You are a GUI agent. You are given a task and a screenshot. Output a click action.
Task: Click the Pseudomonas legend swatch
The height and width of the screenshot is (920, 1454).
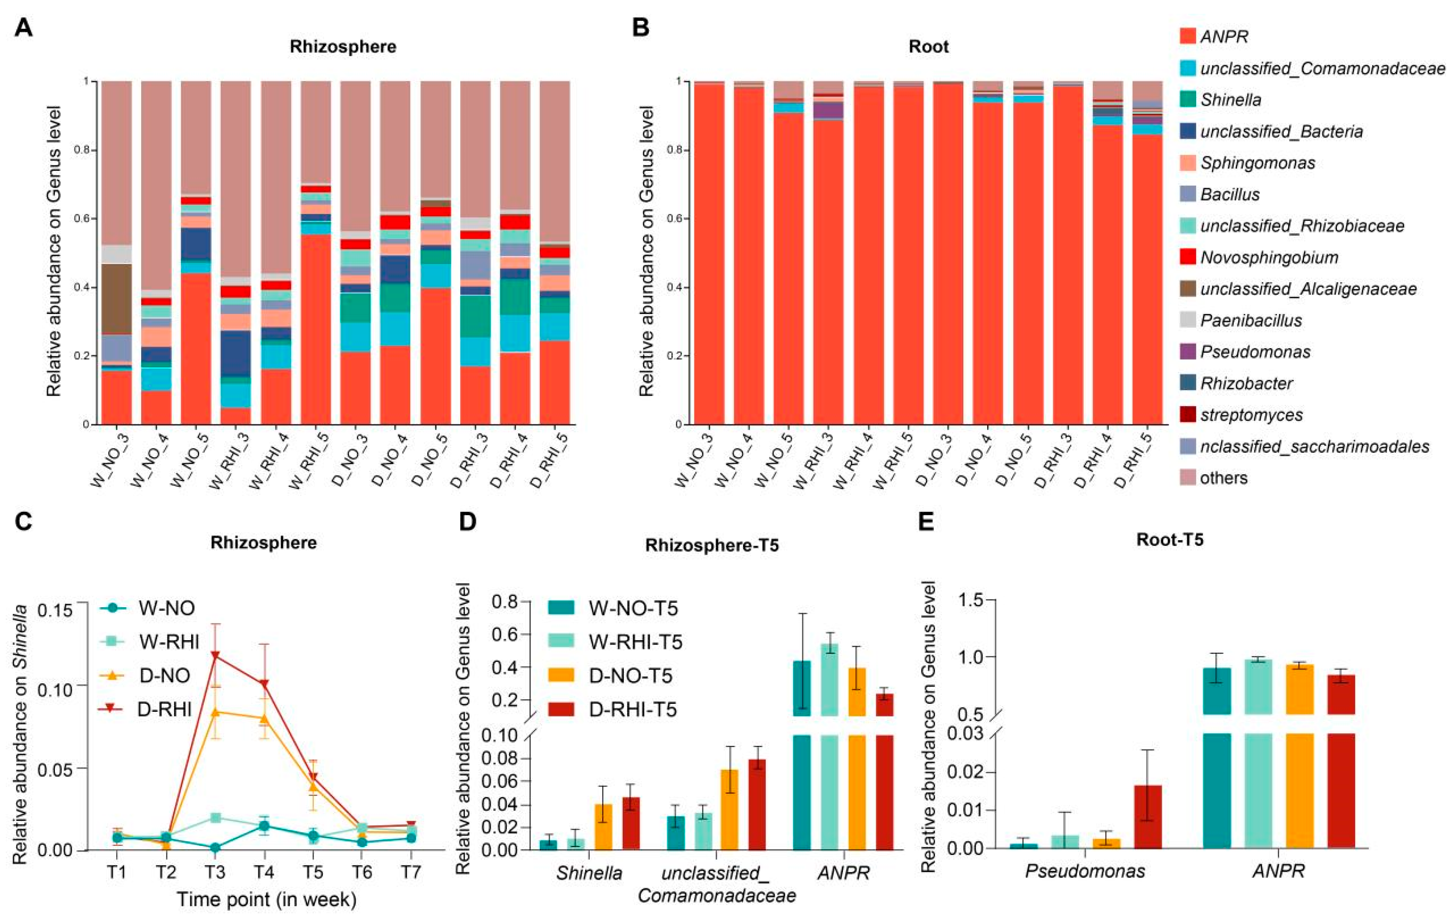click(x=1188, y=352)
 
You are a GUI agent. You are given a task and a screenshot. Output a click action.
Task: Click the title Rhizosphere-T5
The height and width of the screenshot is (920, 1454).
click(x=712, y=545)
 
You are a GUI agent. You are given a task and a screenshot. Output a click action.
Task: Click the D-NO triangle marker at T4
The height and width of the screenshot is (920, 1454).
click(x=264, y=718)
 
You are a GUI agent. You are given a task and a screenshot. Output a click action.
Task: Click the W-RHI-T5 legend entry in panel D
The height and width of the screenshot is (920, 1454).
click(x=635, y=642)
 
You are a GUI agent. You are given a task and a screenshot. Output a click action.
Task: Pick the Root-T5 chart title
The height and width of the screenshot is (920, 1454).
click(x=1170, y=539)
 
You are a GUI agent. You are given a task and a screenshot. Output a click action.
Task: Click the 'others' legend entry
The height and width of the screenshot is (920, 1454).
click(x=1223, y=478)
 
